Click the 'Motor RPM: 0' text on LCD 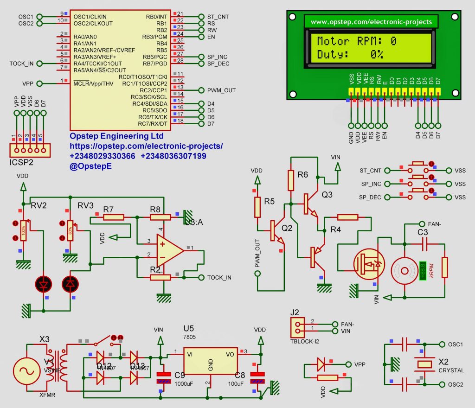pyautogui.click(x=356, y=41)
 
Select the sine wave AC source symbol pyautogui.click(x=26, y=370)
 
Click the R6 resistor pyautogui.click(x=291, y=180)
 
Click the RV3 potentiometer pyautogui.click(x=70, y=230)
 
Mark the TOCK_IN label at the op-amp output pyautogui.click(x=219, y=278)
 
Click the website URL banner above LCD pyautogui.click(x=371, y=22)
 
